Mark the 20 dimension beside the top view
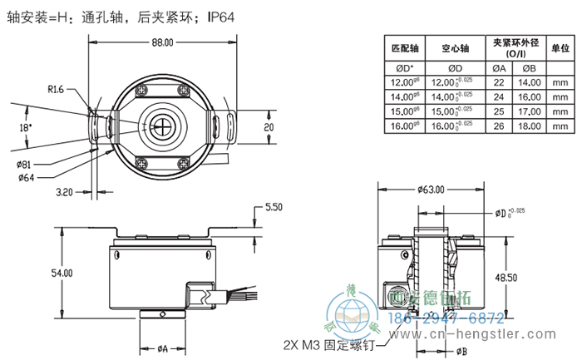point(269,127)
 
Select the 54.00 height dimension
point(62,273)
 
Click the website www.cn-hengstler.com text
point(481,335)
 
